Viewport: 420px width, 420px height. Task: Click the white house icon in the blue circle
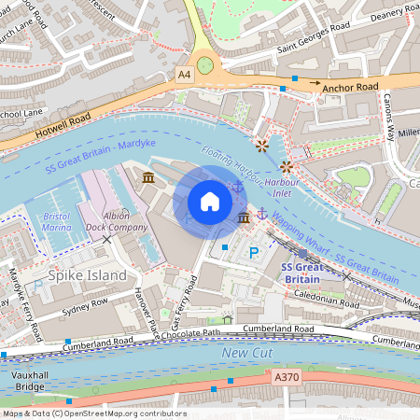tap(210, 201)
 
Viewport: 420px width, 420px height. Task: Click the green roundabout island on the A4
tap(204, 63)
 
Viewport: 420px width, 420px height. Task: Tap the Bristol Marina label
tap(57, 221)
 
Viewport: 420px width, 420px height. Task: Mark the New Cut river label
tap(246, 353)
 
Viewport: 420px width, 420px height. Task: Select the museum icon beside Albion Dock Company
tap(148, 176)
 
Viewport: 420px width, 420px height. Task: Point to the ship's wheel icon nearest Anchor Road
tap(261, 145)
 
